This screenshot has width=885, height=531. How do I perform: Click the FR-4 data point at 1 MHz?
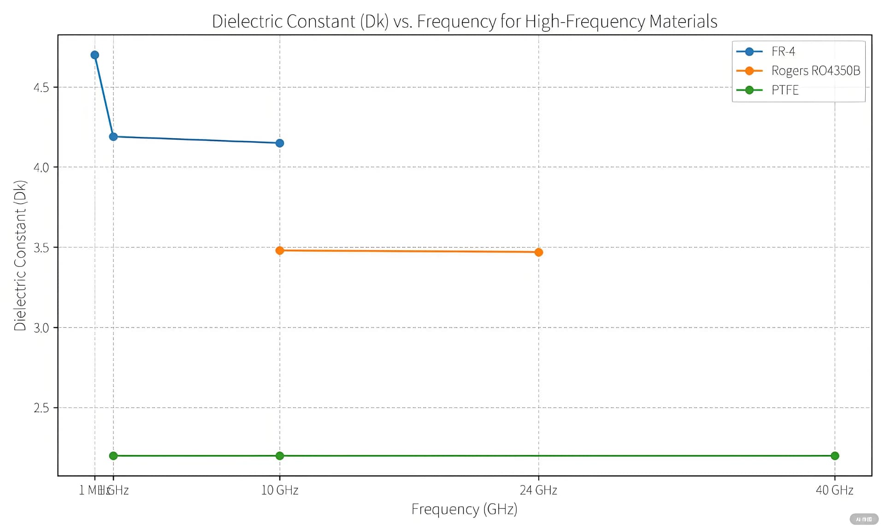click(94, 55)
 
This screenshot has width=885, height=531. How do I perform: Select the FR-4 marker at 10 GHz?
click(279, 143)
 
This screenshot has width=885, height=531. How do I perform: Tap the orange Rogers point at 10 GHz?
click(279, 250)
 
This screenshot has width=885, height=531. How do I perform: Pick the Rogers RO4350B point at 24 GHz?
click(538, 252)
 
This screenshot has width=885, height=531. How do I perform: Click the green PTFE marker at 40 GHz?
click(834, 456)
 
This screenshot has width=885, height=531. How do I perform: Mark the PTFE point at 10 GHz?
click(279, 456)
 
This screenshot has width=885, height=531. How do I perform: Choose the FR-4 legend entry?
click(783, 52)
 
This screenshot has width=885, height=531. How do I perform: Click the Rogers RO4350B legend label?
click(815, 71)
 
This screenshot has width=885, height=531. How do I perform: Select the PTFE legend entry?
click(785, 90)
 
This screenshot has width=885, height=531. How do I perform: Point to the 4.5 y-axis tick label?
click(41, 88)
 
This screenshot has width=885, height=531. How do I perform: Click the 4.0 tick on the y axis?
click(41, 167)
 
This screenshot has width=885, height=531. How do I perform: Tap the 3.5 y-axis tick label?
click(41, 248)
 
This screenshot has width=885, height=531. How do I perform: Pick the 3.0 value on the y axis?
click(41, 328)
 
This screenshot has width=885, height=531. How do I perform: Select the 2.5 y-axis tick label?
click(41, 408)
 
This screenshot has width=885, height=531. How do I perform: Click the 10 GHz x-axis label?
click(279, 490)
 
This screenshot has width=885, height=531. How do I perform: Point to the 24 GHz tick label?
click(538, 490)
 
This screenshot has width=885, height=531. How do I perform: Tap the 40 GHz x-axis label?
click(834, 490)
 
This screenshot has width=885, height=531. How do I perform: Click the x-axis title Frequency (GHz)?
click(464, 509)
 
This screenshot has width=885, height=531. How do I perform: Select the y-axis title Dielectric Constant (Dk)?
click(20, 255)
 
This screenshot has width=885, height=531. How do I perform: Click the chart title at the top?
click(464, 21)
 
